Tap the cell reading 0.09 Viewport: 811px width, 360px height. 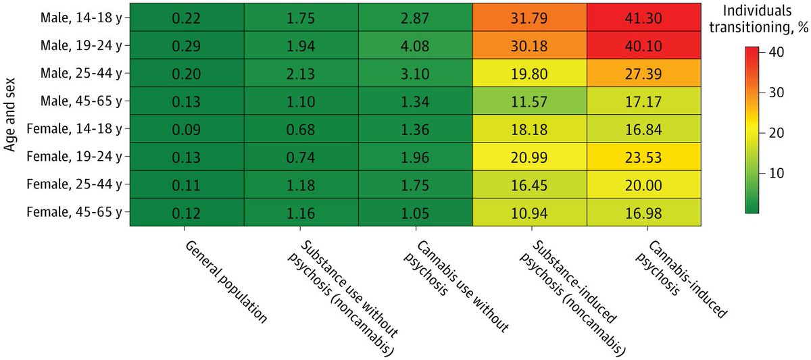point(185,128)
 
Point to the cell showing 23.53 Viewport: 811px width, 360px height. point(644,156)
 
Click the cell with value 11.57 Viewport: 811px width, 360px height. point(529,101)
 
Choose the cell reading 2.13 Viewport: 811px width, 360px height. point(300,73)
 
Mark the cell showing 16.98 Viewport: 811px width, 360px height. point(644,212)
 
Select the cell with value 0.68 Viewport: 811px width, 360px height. point(300,128)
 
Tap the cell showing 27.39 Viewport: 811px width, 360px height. point(644,73)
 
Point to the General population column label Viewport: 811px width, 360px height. point(226,281)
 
